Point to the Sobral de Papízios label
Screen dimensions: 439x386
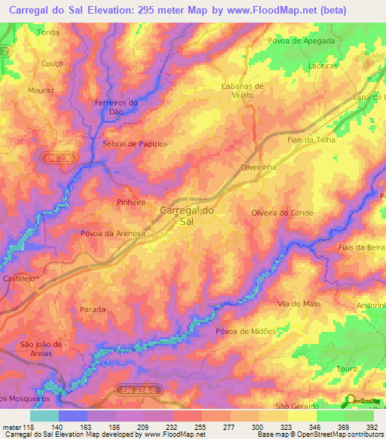click(x=134, y=143)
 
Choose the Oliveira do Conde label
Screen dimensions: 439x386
click(x=280, y=213)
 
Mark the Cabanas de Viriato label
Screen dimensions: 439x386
click(x=242, y=91)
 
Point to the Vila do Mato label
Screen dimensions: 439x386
click(x=294, y=303)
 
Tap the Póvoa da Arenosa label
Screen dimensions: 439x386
click(x=112, y=234)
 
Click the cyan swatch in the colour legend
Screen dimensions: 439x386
click(x=44, y=415)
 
